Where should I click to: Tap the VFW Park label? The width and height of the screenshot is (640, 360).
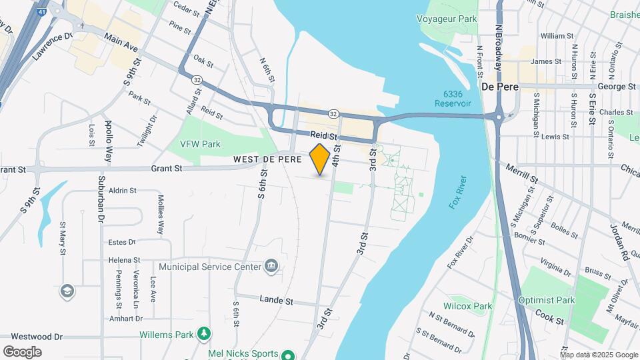[200, 144]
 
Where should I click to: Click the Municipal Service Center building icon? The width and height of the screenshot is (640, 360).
[271, 267]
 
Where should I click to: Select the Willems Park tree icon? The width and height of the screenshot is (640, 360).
[205, 333]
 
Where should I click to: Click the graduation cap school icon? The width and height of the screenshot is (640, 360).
[67, 291]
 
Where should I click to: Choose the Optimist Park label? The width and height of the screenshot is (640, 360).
[547, 301]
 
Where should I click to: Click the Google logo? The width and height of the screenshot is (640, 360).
[22, 351]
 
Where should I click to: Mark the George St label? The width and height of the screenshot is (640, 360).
[616, 87]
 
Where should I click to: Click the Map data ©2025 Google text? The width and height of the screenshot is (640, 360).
[598, 354]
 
